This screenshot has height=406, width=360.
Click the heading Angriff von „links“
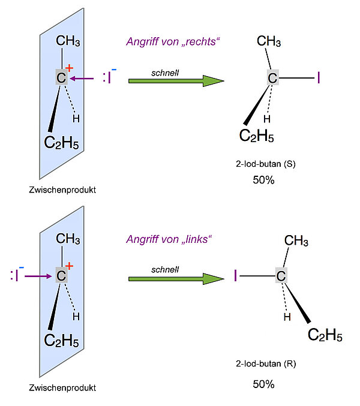pyautogui.click(x=170, y=239)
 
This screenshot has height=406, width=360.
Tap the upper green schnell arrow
pyautogui.click(x=175, y=80)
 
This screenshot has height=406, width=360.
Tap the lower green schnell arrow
pyautogui.click(x=175, y=278)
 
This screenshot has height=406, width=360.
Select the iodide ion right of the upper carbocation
pyautogui.click(x=109, y=77)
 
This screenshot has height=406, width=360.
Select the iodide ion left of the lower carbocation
pyautogui.click(x=17, y=275)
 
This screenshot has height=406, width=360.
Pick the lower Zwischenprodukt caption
pyautogui.click(x=62, y=388)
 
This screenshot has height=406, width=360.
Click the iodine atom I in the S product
pyautogui.click(x=319, y=78)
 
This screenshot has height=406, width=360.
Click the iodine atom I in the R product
pyautogui.click(x=236, y=276)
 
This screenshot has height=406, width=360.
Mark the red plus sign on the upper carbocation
pyautogui.click(x=69, y=68)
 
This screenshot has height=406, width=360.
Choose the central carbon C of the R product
pyautogui.click(x=281, y=276)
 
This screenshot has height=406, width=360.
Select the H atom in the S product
pyautogui.click(x=267, y=118)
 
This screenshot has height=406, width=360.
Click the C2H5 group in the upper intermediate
pyautogui.click(x=61, y=143)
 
